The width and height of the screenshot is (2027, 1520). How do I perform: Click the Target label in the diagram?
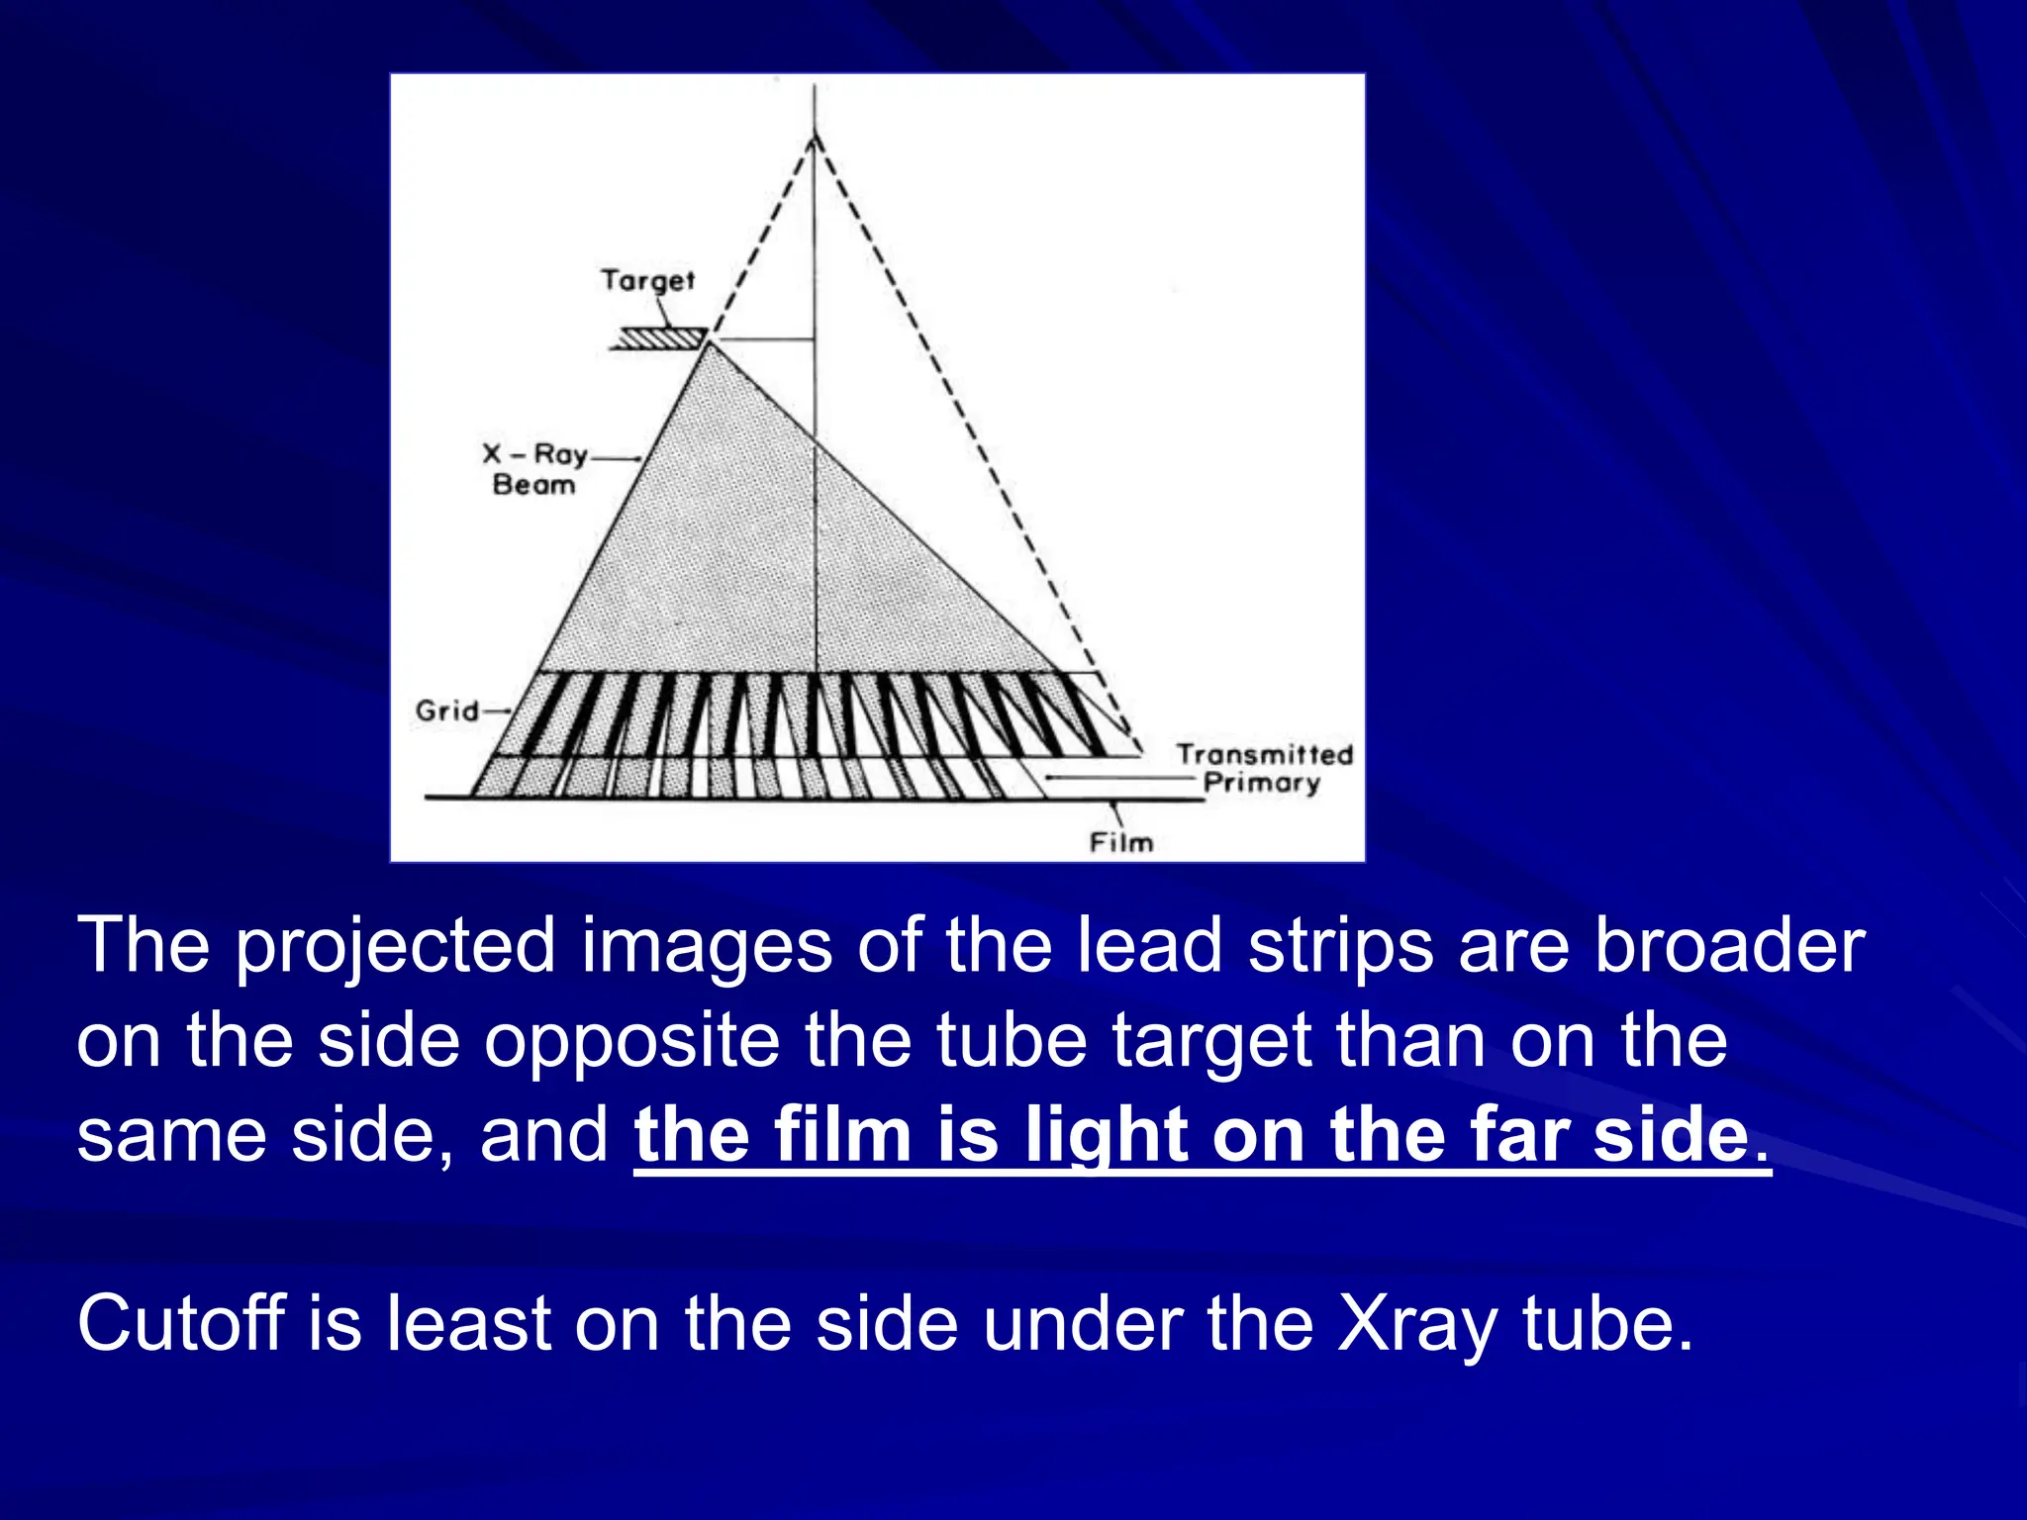pos(648,281)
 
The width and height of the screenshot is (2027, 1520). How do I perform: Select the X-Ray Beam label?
pos(534,469)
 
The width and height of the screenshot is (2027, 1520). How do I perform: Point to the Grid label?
pos(447,711)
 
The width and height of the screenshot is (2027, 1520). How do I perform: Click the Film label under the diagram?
pos(1121,843)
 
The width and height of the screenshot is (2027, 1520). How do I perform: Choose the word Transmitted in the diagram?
pos(1264,755)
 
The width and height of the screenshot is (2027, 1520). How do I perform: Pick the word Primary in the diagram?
pos(1262,784)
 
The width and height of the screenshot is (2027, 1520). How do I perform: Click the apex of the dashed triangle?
pos(815,137)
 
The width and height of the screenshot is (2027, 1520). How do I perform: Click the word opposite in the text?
pos(631,1041)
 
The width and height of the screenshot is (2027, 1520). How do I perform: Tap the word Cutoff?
pos(181,1322)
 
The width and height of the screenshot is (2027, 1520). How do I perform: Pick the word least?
pos(468,1322)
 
